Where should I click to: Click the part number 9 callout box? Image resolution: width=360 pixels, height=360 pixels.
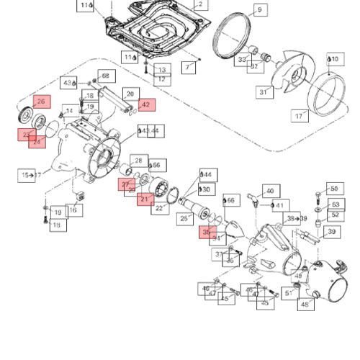point(259,10)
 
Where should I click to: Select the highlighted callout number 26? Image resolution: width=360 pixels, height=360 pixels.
point(40,102)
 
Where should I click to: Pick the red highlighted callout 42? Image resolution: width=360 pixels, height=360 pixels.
point(146,105)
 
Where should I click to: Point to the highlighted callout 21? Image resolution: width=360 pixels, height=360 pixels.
point(145,199)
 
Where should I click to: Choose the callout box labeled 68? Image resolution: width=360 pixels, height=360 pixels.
point(105,76)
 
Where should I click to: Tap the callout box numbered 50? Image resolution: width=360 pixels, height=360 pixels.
point(333,189)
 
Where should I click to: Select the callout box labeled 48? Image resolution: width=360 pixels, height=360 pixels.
point(305,305)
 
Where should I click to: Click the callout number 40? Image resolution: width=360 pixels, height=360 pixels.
point(270,192)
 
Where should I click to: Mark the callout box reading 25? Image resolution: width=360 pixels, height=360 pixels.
point(184,219)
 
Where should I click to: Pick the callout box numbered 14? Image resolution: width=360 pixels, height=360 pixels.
point(70,111)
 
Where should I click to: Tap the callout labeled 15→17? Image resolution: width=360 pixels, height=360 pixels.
point(27,174)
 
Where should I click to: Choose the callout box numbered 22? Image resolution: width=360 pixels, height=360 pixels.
point(160,208)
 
